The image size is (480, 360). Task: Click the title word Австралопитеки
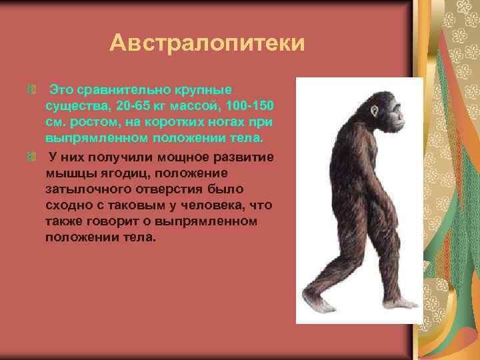207,44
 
